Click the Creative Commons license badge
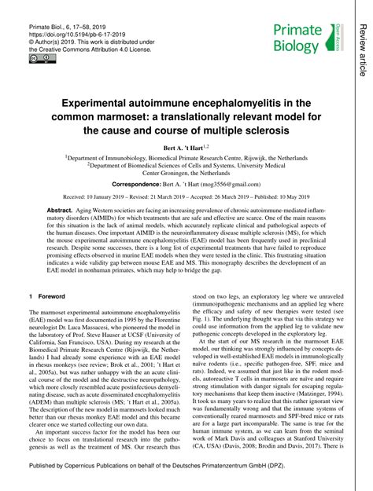click(38, 58)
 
